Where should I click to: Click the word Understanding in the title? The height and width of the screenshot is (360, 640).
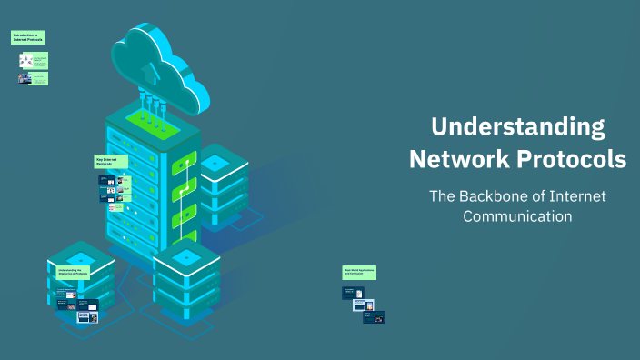(x=517, y=125)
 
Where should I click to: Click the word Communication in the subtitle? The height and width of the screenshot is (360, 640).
(x=517, y=216)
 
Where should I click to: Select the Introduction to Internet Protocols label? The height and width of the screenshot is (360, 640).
(x=28, y=37)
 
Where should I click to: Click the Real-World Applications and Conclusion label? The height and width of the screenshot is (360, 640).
(x=359, y=272)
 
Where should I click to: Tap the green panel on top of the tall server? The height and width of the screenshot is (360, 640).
(x=149, y=118)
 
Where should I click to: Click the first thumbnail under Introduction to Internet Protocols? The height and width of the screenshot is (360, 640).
(x=27, y=60)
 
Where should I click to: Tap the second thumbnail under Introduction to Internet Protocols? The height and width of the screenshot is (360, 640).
(x=25, y=78)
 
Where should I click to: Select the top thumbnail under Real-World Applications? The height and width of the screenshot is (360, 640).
(x=353, y=293)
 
